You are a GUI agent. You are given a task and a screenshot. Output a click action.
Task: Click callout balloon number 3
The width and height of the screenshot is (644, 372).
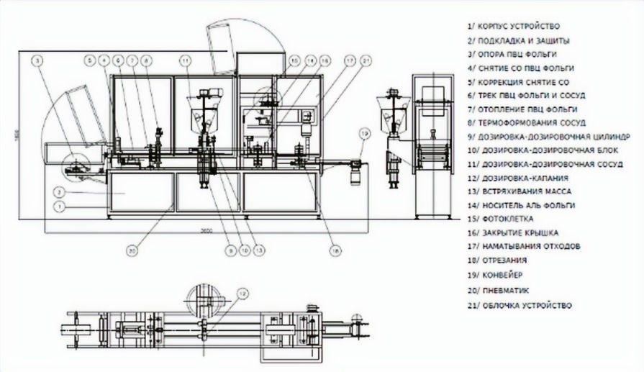click(x=38, y=61)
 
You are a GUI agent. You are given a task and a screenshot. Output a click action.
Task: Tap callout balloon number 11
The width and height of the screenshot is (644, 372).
click(x=185, y=60)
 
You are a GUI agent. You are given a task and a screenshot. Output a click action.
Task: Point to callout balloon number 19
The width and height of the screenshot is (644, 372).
click(x=365, y=133)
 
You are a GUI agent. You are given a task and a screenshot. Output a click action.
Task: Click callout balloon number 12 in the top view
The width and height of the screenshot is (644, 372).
click(x=242, y=293)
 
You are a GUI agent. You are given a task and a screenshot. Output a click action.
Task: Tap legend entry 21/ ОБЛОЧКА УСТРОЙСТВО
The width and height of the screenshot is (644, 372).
click(x=520, y=306)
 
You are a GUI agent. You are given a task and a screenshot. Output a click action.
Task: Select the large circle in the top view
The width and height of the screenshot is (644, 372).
click(x=204, y=299)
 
